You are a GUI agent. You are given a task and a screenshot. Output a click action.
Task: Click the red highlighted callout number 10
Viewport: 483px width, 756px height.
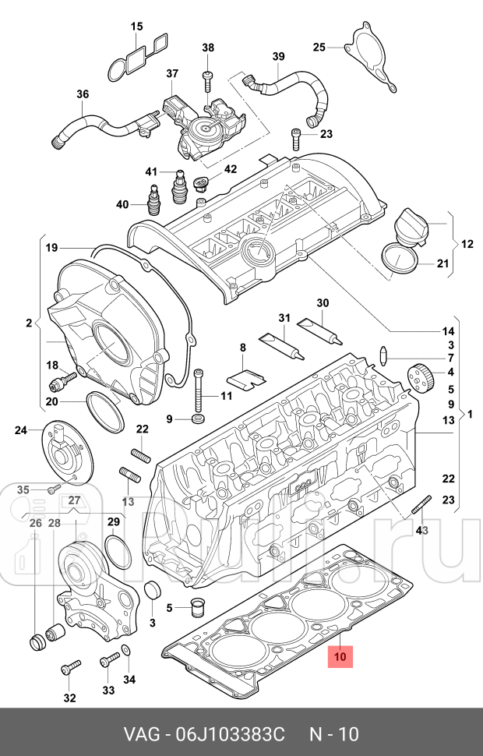tap(340, 656)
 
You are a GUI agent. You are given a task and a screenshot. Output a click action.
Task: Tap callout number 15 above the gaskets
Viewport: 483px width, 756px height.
tap(137, 26)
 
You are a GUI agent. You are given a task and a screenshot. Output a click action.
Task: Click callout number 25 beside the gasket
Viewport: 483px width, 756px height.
tap(319, 48)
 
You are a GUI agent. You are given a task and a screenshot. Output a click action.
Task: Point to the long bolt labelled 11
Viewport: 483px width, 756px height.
tap(199, 390)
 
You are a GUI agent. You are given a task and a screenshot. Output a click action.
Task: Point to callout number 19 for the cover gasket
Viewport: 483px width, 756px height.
tap(51, 249)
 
